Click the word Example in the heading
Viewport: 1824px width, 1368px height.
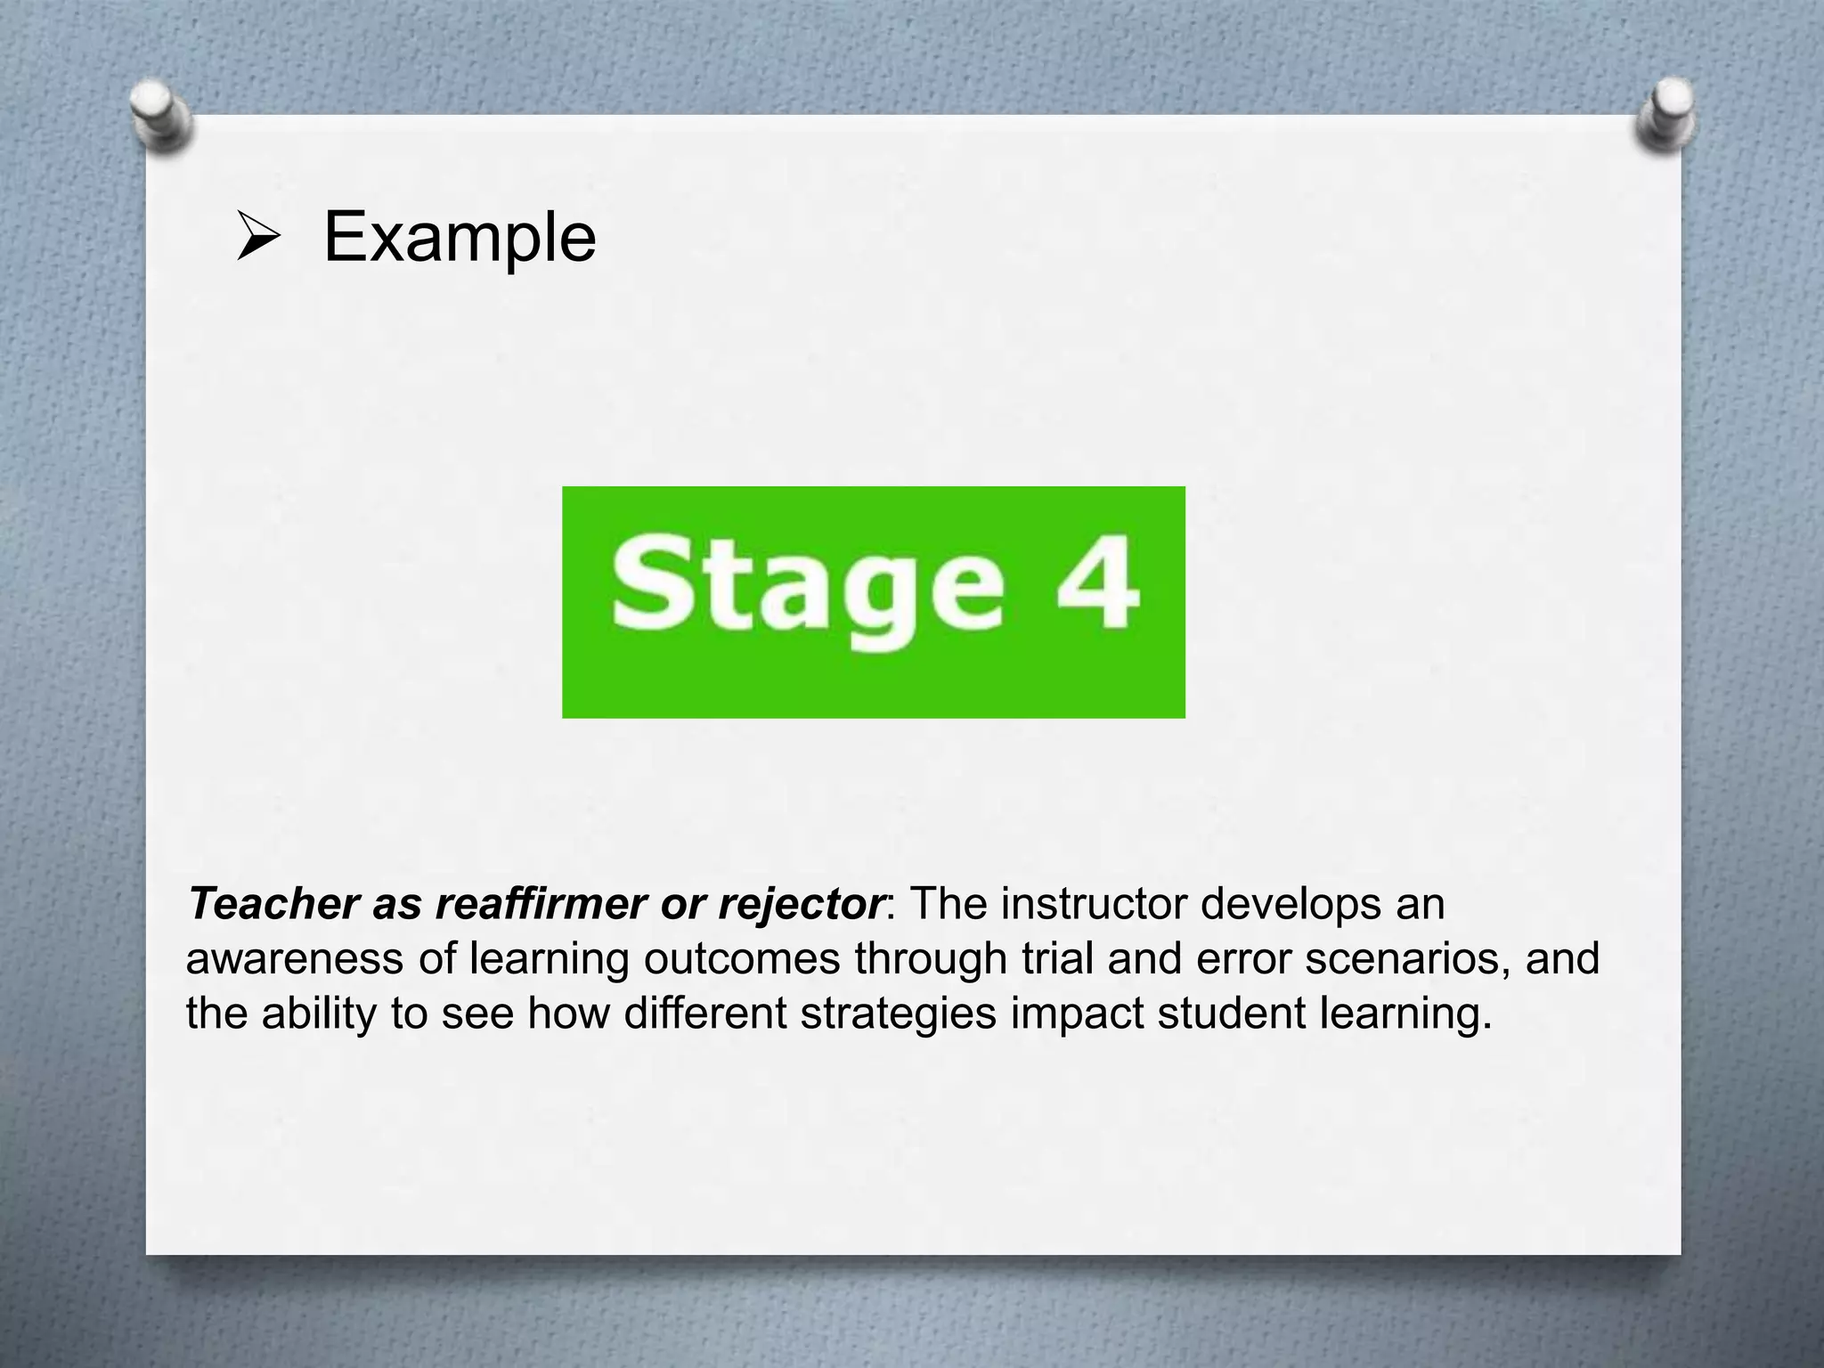click(460, 238)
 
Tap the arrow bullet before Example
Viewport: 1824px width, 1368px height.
click(258, 238)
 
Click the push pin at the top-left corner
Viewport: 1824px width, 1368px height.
click(160, 117)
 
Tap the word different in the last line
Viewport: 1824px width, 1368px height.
click(704, 1014)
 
